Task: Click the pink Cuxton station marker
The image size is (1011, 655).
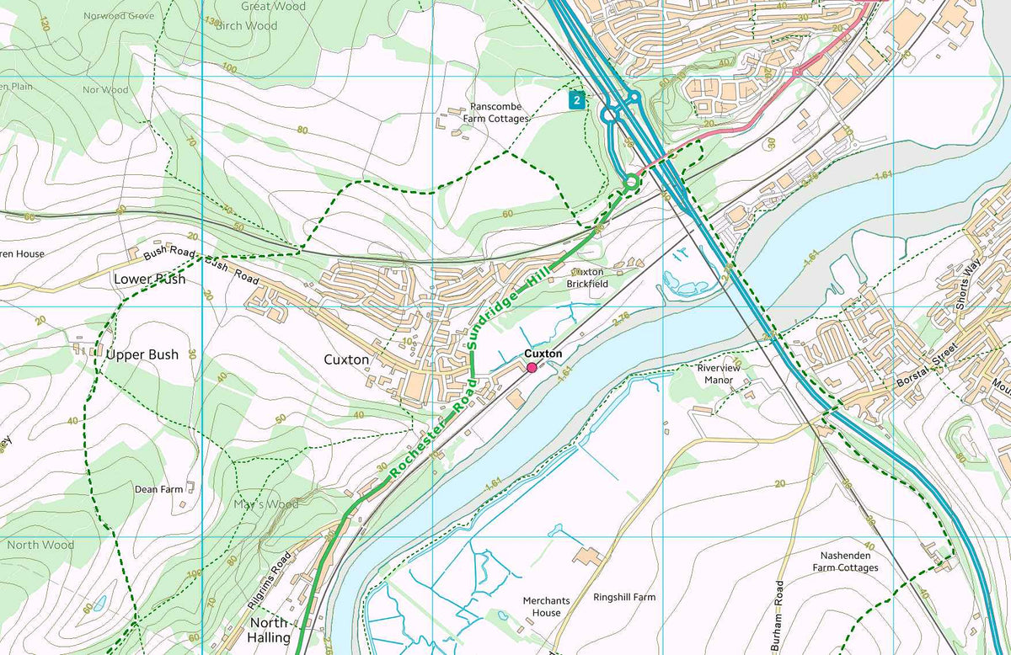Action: tap(532, 368)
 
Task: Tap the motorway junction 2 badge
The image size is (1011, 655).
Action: tap(575, 100)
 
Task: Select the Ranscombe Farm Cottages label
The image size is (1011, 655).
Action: tap(496, 113)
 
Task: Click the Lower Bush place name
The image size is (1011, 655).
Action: tap(150, 279)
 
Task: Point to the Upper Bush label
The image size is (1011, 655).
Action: tap(142, 354)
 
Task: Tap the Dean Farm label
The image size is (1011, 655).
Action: tap(158, 489)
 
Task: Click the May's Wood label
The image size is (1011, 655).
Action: tap(265, 504)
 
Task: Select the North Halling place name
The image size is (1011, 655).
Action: tap(269, 630)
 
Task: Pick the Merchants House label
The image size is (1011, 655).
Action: tap(546, 606)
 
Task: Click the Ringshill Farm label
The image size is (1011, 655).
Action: tap(623, 597)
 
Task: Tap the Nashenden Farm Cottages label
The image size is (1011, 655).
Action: tap(845, 562)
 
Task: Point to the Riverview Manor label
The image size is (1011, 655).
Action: tap(715, 374)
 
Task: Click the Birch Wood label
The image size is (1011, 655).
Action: tap(246, 26)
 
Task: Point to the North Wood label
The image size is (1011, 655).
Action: tap(40, 545)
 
